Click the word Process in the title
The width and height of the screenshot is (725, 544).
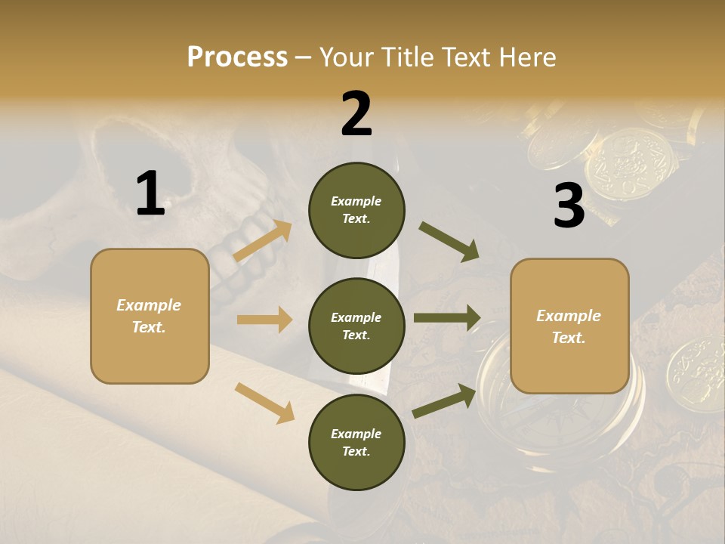point(237,57)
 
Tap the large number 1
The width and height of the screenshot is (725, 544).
point(150,193)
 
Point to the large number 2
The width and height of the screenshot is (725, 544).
point(356,113)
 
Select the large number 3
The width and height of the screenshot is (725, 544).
point(569,206)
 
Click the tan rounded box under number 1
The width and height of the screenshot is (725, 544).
point(150,316)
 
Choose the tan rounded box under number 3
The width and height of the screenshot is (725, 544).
point(569,326)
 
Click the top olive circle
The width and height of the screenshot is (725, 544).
point(356,210)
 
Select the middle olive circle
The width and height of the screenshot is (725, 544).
point(356,326)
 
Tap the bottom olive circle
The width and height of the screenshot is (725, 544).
point(356,443)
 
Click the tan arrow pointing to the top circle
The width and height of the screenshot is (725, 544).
point(263,241)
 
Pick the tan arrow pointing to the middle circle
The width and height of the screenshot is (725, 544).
point(264,320)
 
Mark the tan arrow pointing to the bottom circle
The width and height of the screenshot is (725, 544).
point(264,403)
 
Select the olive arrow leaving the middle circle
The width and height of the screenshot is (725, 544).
point(447,318)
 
